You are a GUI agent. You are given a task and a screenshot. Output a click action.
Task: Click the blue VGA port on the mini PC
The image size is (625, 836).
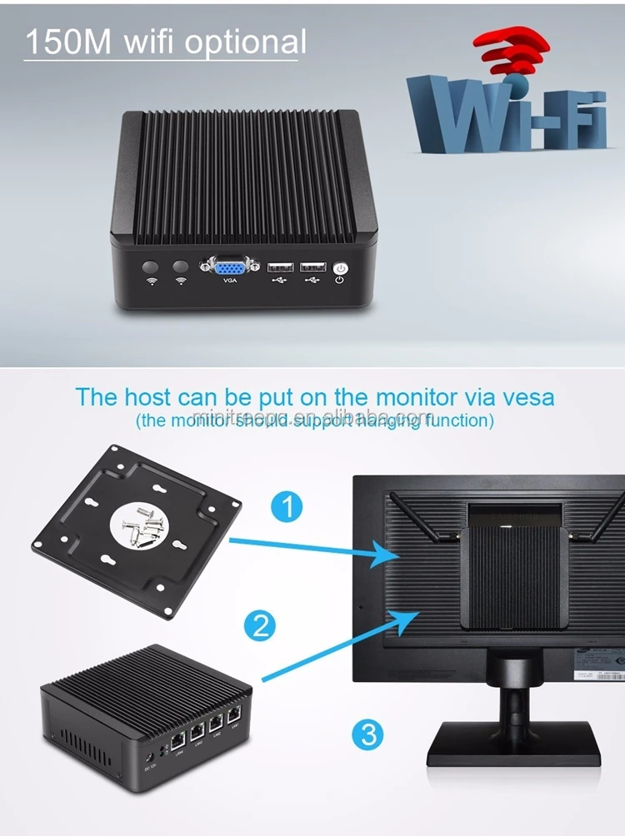click(228, 268)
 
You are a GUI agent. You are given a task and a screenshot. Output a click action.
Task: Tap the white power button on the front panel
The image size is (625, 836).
click(339, 268)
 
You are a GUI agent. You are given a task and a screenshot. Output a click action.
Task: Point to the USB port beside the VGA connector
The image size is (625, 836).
click(279, 267)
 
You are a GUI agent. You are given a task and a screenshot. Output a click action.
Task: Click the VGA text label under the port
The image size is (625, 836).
click(229, 281)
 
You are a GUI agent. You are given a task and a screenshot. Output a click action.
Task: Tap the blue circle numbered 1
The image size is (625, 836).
click(287, 506)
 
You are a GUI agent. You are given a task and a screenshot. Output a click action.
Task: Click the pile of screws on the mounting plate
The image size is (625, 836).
click(142, 525)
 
